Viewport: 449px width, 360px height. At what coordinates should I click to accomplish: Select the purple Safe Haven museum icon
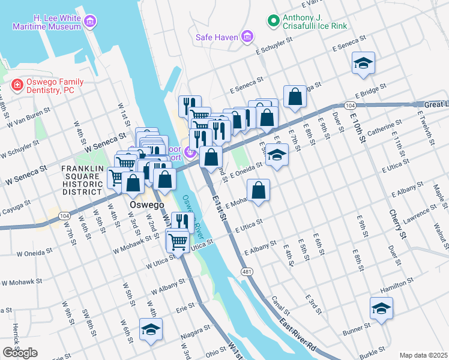247,37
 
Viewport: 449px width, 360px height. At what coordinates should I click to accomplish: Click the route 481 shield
247,272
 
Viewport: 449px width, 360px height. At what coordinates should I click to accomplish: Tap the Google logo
20,353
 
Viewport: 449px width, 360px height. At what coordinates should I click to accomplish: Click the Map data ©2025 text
423,355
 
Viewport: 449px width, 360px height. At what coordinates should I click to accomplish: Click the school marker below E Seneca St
363,63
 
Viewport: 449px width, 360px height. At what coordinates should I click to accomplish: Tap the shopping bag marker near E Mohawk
258,191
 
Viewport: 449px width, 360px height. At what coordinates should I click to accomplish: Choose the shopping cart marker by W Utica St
177,241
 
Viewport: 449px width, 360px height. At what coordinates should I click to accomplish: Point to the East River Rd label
298,335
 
